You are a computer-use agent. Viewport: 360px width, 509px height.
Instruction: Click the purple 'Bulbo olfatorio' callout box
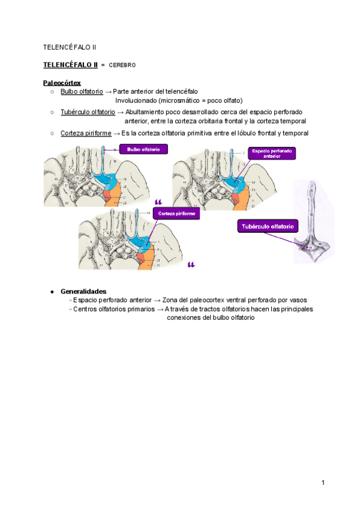143,149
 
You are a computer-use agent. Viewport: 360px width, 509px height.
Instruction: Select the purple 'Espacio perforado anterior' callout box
271,154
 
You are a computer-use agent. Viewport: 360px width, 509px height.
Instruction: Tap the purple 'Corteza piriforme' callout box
175,213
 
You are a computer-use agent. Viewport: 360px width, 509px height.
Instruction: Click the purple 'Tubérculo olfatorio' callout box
267,227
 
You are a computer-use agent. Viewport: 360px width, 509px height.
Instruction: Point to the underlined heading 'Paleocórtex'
62,82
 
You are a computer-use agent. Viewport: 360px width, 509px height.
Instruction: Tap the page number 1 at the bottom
323,483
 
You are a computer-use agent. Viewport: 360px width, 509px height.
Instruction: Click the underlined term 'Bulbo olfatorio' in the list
82,91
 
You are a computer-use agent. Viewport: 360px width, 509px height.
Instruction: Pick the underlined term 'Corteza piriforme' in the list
86,133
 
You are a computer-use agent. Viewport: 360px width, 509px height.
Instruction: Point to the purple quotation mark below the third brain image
191,264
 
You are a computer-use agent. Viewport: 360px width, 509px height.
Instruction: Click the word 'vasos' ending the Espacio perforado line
298,300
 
